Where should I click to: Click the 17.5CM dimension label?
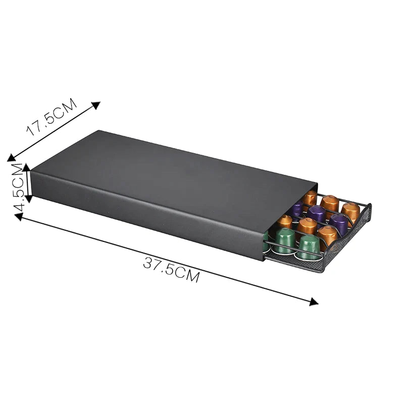coord(52,117)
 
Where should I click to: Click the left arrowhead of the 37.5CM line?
coord(18,216)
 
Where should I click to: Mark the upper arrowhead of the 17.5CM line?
coord(96,105)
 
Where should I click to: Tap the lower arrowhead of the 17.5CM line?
coord(11,158)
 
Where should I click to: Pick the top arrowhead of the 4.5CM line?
coord(27,167)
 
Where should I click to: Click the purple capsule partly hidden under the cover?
coord(297,208)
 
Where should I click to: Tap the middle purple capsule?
coord(317,213)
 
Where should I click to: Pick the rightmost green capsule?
coord(309,246)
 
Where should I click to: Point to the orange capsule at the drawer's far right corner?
coord(350,211)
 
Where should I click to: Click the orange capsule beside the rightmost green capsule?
coord(327,235)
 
